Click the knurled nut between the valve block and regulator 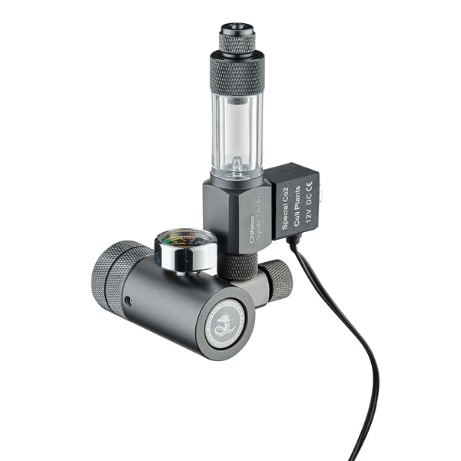coord(239,266)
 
